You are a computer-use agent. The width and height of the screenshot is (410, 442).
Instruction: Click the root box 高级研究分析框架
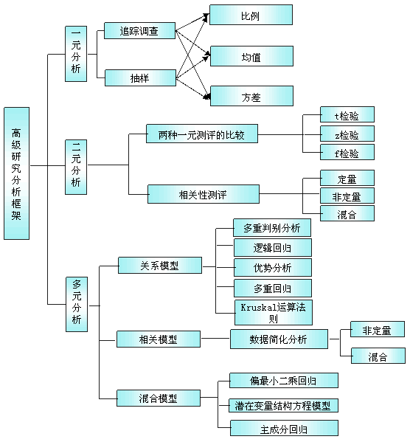[x=17, y=173]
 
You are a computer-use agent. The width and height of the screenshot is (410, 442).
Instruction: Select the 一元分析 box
[x=76, y=54]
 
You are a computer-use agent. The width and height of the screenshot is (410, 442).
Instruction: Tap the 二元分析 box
[x=76, y=167]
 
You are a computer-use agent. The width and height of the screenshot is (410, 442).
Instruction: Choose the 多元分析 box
[x=77, y=304]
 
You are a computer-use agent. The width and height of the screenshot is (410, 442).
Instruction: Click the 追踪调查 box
[x=140, y=31]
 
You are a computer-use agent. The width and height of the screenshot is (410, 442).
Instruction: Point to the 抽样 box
[x=140, y=78]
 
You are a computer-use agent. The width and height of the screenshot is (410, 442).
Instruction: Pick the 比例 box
[x=251, y=15]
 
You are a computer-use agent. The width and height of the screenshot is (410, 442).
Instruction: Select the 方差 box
[x=252, y=96]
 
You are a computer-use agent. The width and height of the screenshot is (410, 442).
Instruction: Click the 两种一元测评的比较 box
[x=202, y=134]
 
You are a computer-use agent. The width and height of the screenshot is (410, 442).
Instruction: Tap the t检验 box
[x=347, y=114]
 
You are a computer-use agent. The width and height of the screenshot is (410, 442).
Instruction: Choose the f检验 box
[x=347, y=152]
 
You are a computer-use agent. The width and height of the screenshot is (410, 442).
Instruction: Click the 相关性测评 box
[x=204, y=194]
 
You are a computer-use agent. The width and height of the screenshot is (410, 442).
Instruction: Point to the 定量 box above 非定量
[x=347, y=178]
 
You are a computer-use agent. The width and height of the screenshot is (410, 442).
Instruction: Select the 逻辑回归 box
[x=273, y=247]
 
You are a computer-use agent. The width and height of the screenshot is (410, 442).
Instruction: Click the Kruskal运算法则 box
[x=274, y=312]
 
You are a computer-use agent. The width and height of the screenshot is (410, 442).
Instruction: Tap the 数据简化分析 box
[x=279, y=339]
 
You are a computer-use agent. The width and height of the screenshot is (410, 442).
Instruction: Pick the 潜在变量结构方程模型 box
[x=283, y=405]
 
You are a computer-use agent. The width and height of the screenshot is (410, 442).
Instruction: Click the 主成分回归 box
[x=284, y=428]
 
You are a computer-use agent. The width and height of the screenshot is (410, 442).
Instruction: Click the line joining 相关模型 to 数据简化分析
[x=215, y=338]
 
